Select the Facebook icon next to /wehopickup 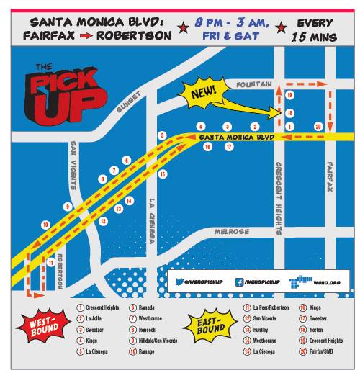pos(238,283)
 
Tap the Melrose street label pos(231,231)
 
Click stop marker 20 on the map pos(318,126)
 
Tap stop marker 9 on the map pos(67,207)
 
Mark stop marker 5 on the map pos(163,135)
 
